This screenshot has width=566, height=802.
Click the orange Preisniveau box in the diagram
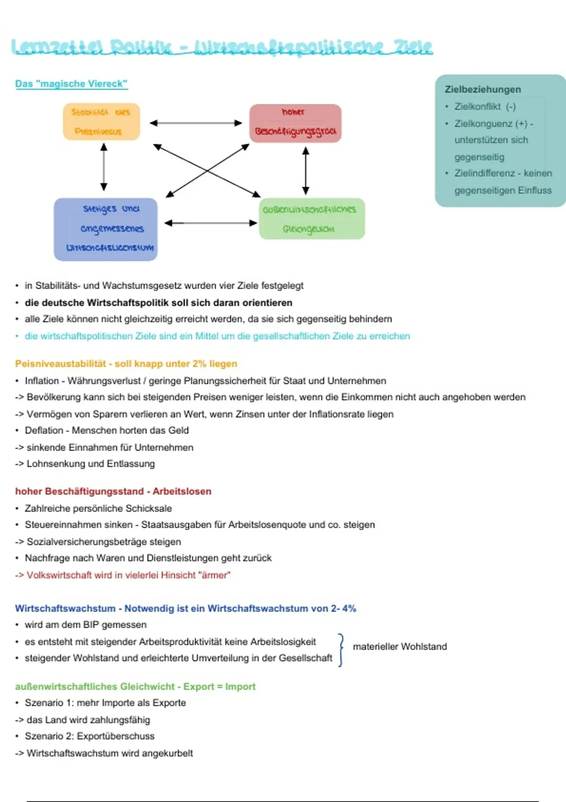(x=101, y=122)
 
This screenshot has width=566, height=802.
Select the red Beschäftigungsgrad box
(x=295, y=123)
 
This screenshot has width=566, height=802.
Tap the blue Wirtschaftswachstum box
(x=106, y=229)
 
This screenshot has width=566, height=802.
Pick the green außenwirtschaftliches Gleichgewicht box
(x=311, y=219)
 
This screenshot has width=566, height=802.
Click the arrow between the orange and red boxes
(x=196, y=123)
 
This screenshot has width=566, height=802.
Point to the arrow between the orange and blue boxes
(x=104, y=167)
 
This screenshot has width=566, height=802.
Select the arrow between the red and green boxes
(x=306, y=170)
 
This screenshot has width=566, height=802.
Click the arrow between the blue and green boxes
(x=210, y=223)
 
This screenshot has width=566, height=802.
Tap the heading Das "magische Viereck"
(x=71, y=84)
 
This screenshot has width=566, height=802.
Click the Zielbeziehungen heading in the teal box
(x=483, y=89)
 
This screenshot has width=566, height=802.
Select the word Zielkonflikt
(x=478, y=107)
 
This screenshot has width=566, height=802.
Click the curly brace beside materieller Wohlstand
(x=341, y=650)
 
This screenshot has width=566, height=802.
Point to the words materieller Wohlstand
(x=400, y=646)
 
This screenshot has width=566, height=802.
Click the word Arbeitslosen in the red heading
(x=182, y=491)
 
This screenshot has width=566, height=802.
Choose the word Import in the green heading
(x=240, y=686)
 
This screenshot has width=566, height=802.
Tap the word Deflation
(x=44, y=430)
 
